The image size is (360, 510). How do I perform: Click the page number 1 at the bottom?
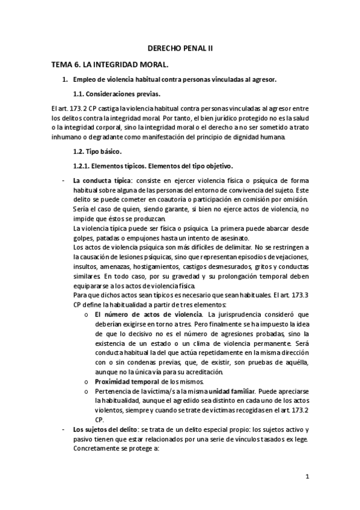(x=307, y=478)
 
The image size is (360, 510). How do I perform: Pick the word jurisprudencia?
(x=246, y=314)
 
